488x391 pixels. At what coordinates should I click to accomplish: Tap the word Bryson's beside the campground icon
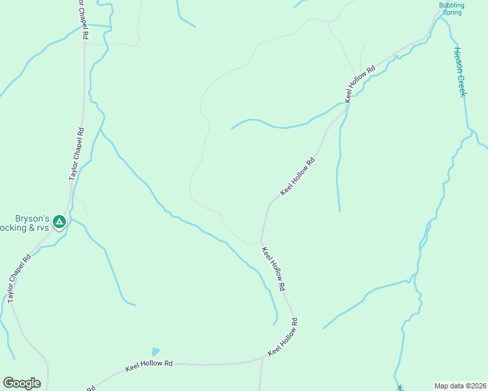click(x=33, y=219)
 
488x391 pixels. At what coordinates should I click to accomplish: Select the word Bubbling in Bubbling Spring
click(x=451, y=5)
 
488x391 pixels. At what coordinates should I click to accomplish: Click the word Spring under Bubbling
click(x=451, y=12)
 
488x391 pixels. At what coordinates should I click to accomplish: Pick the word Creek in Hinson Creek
click(x=462, y=85)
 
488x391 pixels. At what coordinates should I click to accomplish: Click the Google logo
click(x=22, y=383)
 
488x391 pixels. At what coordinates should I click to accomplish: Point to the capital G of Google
click(x=8, y=383)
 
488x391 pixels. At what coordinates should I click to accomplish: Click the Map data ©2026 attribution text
click(x=460, y=386)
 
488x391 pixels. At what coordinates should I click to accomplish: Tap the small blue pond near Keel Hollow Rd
click(x=155, y=352)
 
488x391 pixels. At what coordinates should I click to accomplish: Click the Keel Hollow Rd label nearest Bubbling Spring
click(x=361, y=83)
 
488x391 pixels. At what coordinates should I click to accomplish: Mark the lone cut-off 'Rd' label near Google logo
click(x=91, y=388)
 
